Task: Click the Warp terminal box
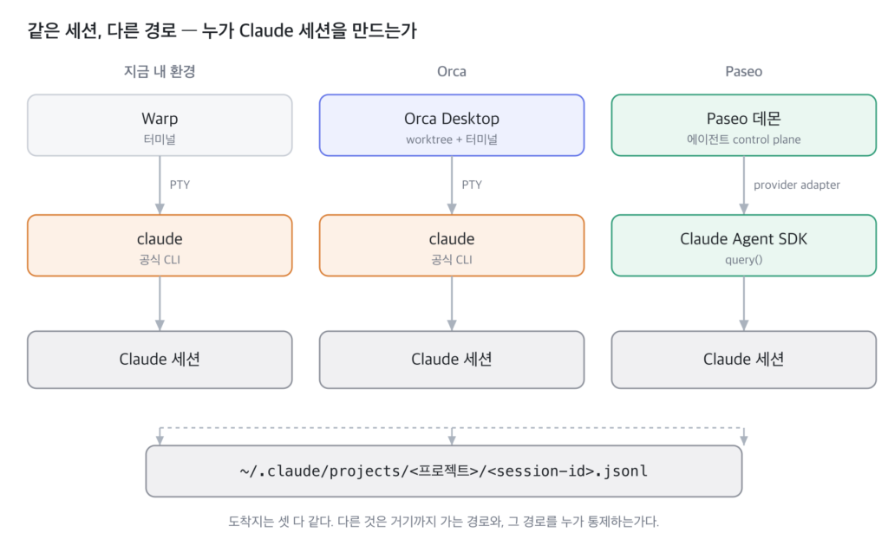tap(160, 125)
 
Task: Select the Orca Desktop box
tap(451, 125)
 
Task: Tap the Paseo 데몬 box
tap(743, 125)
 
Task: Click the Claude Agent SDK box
tap(743, 246)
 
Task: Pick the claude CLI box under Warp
tap(160, 246)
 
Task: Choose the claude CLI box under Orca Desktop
tap(451, 246)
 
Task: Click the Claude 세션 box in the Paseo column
tap(743, 360)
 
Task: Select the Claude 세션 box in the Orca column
tap(451, 360)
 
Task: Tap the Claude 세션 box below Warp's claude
tap(160, 360)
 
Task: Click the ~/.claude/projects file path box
tap(444, 471)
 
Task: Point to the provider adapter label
tap(796, 185)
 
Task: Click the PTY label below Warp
tap(180, 185)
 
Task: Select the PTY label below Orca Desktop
tap(472, 185)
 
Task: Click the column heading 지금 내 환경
tap(160, 71)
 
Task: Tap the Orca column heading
tap(451, 71)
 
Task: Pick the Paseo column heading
tap(743, 71)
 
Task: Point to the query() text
tap(743, 260)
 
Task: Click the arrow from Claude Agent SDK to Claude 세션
tap(743, 304)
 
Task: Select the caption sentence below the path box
tap(443, 522)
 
